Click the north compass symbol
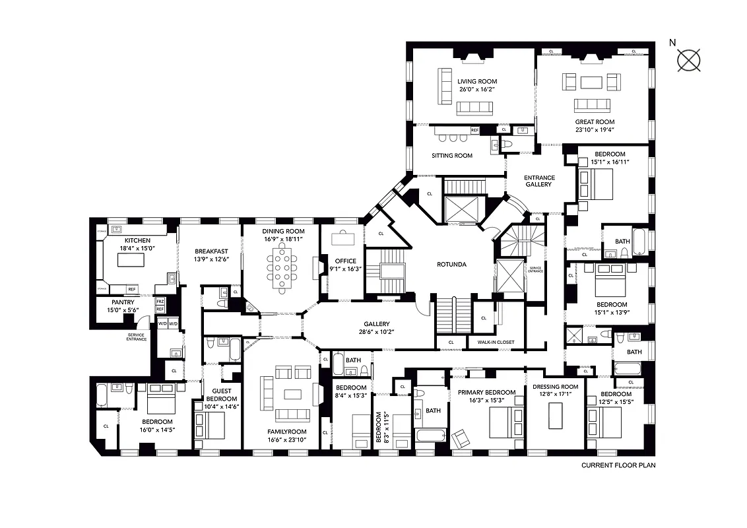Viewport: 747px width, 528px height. pos(688,60)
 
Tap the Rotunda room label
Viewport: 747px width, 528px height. pos(451,265)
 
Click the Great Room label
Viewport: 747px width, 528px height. pos(595,122)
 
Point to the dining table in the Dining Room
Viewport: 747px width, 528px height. pos(282,268)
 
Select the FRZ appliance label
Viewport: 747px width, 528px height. pos(160,302)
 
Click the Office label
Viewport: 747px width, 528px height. pos(346,261)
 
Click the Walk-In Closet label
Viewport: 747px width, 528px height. pos(491,343)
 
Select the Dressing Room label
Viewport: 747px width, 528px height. pos(555,387)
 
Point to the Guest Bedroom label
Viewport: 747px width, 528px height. pos(222,395)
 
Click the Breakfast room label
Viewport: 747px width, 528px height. pos(211,251)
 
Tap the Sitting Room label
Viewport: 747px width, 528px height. pos(452,156)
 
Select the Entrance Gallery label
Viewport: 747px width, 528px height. pos(539,181)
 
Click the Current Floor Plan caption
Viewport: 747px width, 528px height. pos(618,465)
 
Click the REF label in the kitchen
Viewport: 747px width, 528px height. pos(132,289)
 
